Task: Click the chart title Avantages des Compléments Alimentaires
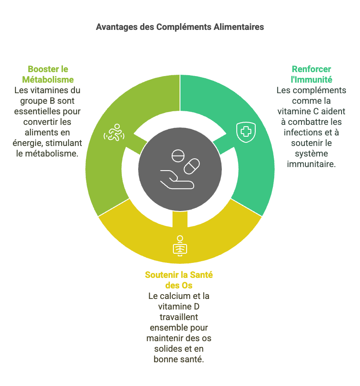(180, 27)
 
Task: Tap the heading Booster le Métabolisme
(48, 74)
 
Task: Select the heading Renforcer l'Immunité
(311, 74)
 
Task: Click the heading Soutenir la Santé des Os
(179, 280)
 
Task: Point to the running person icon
(114, 132)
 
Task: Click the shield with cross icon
(246, 132)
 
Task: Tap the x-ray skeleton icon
(180, 246)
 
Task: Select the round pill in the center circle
(178, 156)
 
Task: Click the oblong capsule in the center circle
(192, 167)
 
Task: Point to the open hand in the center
(177, 179)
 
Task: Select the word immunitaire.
(311, 164)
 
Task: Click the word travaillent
(179, 317)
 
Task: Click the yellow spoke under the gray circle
(180, 219)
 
